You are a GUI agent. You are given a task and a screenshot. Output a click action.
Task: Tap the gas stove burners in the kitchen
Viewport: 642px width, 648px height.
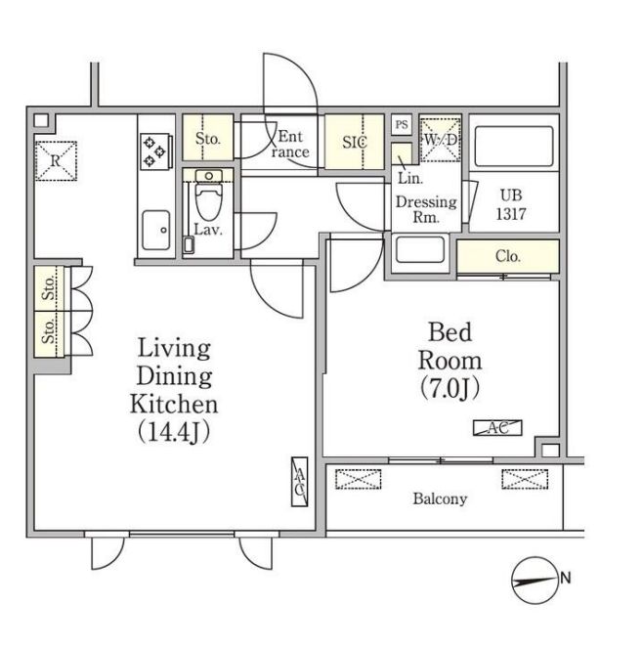click(155, 151)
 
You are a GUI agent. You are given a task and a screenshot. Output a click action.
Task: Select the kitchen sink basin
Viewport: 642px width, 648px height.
click(156, 231)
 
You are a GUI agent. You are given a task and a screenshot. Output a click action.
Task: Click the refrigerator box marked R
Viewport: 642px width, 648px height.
click(56, 160)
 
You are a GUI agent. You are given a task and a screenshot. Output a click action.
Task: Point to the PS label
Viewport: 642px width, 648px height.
click(402, 124)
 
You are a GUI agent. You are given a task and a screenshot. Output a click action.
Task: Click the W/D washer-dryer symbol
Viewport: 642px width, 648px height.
click(441, 140)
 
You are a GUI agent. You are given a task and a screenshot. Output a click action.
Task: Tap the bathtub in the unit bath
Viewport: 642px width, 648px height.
click(514, 147)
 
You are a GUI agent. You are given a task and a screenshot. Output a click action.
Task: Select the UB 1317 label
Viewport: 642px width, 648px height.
click(511, 204)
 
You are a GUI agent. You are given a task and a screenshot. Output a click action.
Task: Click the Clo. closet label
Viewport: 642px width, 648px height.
click(508, 256)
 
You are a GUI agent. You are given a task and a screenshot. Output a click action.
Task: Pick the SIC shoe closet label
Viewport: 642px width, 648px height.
click(355, 142)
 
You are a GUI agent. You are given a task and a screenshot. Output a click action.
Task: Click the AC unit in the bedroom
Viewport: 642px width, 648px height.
click(497, 428)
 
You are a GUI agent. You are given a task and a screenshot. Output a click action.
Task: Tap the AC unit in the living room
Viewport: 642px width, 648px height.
click(300, 482)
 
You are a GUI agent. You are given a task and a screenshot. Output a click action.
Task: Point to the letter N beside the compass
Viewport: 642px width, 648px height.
click(566, 578)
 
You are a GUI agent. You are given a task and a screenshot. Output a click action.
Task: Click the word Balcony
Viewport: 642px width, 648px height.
click(440, 498)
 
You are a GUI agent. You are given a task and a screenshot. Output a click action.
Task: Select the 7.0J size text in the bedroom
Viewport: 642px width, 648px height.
click(449, 389)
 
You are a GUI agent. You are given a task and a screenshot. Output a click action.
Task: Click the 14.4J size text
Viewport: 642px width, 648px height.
click(174, 432)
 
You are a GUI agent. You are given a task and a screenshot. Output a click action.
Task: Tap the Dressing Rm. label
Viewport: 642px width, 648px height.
click(426, 209)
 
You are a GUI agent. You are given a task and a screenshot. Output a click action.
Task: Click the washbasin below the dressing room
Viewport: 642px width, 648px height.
click(420, 249)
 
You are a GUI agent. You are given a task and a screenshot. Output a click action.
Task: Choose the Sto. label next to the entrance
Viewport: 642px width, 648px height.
click(208, 139)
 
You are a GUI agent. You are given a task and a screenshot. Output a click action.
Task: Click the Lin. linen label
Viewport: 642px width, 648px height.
click(410, 179)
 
